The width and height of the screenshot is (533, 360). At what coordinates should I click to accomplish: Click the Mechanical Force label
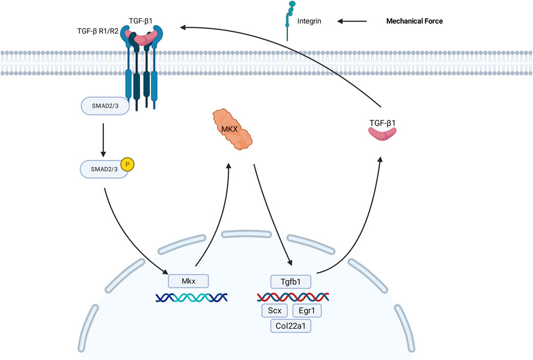(x=413, y=21)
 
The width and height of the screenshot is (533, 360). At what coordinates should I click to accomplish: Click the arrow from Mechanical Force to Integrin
(x=352, y=21)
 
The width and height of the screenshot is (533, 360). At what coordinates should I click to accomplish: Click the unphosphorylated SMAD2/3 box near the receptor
(x=105, y=106)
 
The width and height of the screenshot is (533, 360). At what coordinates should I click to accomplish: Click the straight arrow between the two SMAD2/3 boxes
(x=105, y=138)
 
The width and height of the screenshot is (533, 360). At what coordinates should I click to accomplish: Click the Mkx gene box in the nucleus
(x=188, y=281)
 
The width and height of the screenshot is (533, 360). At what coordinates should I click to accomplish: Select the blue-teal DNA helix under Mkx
(x=191, y=297)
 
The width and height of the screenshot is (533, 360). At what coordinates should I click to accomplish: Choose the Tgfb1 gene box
(x=291, y=282)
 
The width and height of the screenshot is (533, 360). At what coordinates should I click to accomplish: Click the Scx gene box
(x=274, y=311)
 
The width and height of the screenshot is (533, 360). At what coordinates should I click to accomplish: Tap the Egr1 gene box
(x=307, y=311)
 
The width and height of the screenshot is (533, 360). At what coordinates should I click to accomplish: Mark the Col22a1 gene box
(x=291, y=326)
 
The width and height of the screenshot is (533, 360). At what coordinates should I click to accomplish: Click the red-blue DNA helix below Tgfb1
(x=293, y=297)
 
